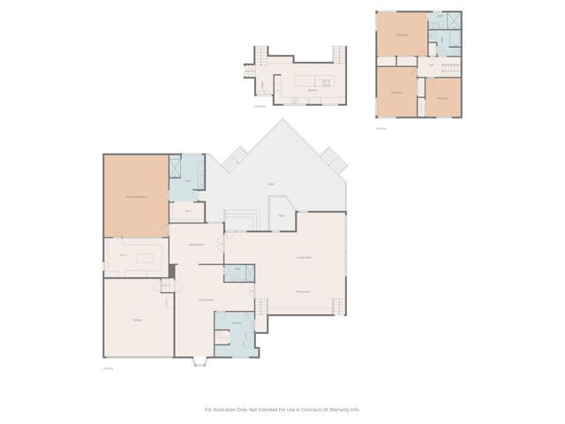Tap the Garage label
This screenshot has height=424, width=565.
coord(138,319)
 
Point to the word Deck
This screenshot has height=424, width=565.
coord(270,184)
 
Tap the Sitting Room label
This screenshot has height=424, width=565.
coord(196,244)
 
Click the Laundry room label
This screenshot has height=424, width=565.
coord(237,323)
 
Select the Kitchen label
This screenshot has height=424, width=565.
coord(313,89)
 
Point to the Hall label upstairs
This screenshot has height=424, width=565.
coord(431,64)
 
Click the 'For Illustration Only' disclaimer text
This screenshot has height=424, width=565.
coord(282,409)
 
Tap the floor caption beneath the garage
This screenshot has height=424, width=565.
coord(109,367)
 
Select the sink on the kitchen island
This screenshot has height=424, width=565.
coord(325,83)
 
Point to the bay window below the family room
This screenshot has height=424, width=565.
coord(200,361)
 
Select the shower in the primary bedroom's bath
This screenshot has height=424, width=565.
coord(175,167)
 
